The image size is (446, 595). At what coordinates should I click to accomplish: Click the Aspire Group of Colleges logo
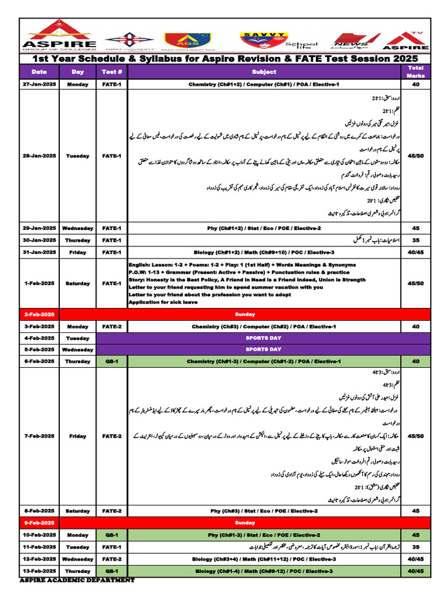(59, 35)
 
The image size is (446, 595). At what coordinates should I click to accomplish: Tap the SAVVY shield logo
(263, 38)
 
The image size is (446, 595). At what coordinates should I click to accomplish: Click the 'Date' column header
(39, 72)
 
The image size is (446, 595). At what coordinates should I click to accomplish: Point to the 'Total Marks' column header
(415, 71)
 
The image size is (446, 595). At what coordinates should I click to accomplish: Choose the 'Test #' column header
(111, 72)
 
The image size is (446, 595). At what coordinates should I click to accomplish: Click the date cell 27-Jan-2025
(39, 85)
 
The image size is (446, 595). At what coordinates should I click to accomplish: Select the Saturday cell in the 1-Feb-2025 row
(77, 284)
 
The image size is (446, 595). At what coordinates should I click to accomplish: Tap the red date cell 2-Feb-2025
(39, 314)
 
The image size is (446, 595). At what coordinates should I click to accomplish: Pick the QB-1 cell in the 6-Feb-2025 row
(111, 361)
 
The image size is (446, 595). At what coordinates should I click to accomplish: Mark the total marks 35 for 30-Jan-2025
(415, 240)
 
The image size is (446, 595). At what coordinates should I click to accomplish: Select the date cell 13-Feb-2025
(39, 571)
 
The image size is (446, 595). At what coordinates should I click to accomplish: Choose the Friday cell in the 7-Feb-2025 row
(77, 436)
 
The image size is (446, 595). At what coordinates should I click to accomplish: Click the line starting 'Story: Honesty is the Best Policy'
(247, 279)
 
